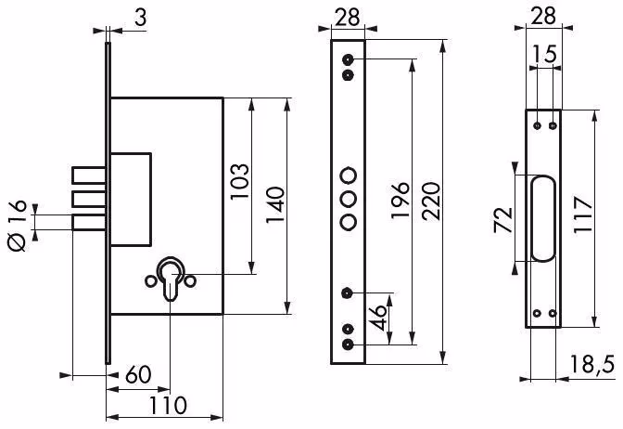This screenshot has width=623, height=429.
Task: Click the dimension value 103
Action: [239, 181]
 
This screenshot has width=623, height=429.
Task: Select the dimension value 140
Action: [275, 205]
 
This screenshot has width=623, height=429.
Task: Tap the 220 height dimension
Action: [431, 201]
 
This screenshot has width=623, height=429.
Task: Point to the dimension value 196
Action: [400, 201]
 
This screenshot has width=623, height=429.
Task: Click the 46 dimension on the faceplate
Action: [379, 318]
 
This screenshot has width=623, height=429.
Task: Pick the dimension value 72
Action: [502, 220]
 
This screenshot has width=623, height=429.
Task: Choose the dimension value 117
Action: [583, 214]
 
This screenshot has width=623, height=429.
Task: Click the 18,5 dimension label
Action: [592, 364]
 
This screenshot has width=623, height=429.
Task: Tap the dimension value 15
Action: [544, 54]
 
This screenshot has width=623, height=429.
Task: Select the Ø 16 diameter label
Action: [18, 226]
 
